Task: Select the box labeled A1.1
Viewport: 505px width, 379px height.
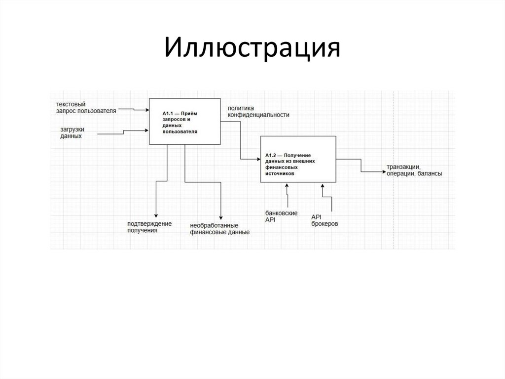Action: [x=185, y=121]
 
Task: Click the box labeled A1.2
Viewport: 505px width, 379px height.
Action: [x=297, y=160]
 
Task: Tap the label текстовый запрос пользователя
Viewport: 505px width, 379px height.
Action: [x=86, y=108]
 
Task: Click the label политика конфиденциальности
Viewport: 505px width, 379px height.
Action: [x=258, y=111]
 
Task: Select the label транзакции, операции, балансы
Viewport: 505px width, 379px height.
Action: [x=414, y=170]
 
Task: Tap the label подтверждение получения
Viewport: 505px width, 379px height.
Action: [x=149, y=227]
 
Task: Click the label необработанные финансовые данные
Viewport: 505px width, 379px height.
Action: [x=220, y=229]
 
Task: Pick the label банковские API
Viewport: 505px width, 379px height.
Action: [x=281, y=216]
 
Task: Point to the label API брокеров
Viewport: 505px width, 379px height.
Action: [x=325, y=220]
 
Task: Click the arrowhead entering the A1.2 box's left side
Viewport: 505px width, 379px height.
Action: [x=258, y=159]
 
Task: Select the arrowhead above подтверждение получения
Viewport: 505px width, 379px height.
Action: [x=156, y=215]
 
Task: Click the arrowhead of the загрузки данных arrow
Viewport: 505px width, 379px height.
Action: [x=147, y=130]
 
